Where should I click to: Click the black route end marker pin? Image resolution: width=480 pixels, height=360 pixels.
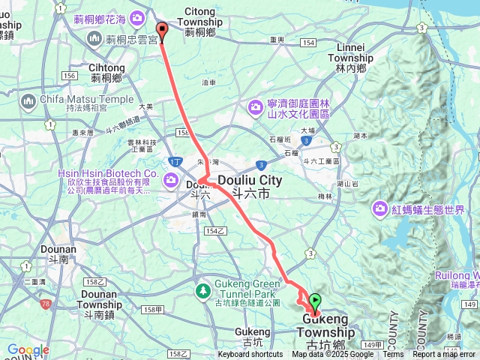click(x=161, y=30)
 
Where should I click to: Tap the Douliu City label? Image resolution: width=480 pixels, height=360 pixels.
click(x=250, y=180)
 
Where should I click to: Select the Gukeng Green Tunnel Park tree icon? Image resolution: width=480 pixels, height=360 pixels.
click(x=202, y=289)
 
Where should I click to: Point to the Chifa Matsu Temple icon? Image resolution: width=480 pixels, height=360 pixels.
click(x=29, y=100)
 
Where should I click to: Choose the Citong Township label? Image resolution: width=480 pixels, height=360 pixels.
click(x=199, y=17)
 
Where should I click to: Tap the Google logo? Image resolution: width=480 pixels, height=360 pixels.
click(x=27, y=349)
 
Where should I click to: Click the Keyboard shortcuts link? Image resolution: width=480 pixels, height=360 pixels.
click(x=250, y=355)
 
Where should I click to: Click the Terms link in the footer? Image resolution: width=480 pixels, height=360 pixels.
click(x=393, y=355)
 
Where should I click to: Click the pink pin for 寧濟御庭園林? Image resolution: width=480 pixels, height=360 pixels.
click(x=256, y=108)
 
